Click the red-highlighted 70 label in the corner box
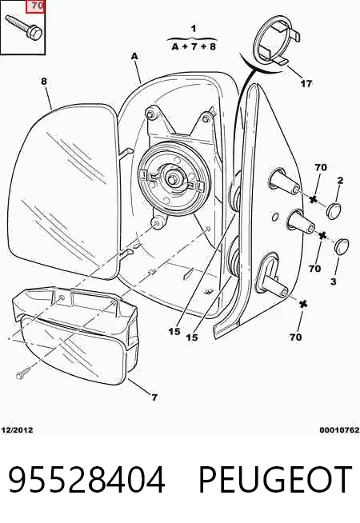click(x=35, y=6)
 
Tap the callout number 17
click(x=306, y=83)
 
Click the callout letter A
click(x=134, y=57)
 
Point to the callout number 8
click(x=44, y=82)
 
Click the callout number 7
click(x=154, y=397)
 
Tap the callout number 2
click(x=340, y=181)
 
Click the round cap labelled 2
click(x=334, y=210)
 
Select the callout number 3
click(x=334, y=281)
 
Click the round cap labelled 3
click(x=342, y=246)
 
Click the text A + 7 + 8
click(x=194, y=46)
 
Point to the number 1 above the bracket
click(x=194, y=29)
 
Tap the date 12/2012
click(x=17, y=430)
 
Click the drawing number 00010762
click(x=339, y=430)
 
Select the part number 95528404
click(x=86, y=480)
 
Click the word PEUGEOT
click(x=275, y=480)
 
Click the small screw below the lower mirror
click(x=25, y=373)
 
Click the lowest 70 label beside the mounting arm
click(x=296, y=337)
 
